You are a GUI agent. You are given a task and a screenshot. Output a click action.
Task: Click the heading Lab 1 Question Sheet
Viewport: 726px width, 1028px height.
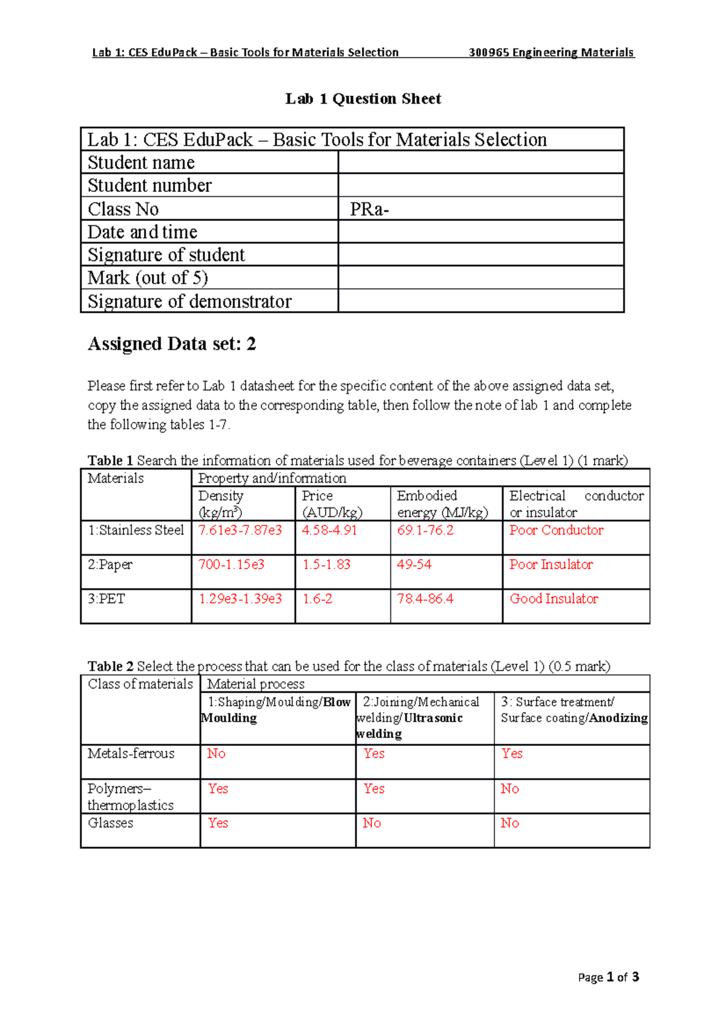(x=363, y=99)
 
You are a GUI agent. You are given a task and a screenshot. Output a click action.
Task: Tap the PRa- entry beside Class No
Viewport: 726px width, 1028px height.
(x=369, y=209)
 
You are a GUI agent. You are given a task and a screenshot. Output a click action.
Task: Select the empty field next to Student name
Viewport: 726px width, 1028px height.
(x=480, y=162)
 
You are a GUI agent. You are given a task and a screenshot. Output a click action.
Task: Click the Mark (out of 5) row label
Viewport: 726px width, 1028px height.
(x=148, y=278)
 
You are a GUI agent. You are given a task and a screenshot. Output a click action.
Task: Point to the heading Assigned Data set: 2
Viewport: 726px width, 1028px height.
(x=172, y=344)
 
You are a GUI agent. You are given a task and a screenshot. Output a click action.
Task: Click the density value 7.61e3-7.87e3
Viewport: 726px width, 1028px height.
(x=240, y=530)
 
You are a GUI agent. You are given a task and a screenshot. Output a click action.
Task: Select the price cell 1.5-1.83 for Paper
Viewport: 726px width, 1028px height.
(x=326, y=565)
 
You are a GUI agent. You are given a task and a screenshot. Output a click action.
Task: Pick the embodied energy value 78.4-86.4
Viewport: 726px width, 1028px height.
(x=425, y=599)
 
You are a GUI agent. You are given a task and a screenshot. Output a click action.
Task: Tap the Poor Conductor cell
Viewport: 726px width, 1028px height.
(x=556, y=530)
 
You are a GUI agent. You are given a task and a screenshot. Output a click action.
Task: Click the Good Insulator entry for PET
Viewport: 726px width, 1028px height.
(x=554, y=599)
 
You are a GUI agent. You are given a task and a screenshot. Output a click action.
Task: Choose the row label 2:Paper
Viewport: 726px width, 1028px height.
(x=110, y=565)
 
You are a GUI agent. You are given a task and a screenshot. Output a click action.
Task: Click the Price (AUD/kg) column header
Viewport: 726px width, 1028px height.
(x=332, y=504)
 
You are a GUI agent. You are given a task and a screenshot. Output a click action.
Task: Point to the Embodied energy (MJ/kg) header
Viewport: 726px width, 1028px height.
(x=442, y=504)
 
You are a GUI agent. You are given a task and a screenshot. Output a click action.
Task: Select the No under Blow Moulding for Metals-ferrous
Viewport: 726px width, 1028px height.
(x=216, y=754)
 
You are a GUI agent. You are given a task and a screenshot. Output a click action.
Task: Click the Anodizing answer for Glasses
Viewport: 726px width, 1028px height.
(x=509, y=823)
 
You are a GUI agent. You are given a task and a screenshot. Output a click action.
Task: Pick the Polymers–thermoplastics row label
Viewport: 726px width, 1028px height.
(x=130, y=797)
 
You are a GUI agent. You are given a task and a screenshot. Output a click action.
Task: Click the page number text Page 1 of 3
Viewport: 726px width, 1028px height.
(x=608, y=977)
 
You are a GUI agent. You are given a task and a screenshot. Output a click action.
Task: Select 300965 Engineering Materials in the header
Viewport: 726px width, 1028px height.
(x=551, y=53)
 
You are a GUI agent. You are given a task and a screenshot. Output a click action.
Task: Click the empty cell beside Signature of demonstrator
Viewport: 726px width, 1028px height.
(x=480, y=301)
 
